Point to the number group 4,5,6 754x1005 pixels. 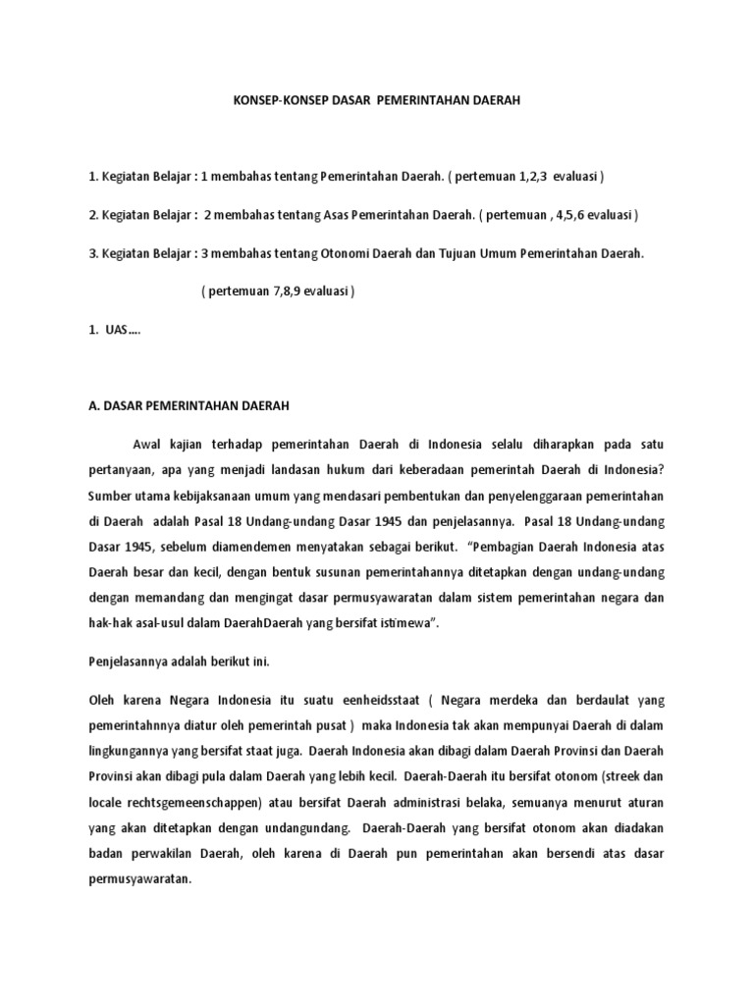coord(569,215)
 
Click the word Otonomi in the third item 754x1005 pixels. coord(346,253)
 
